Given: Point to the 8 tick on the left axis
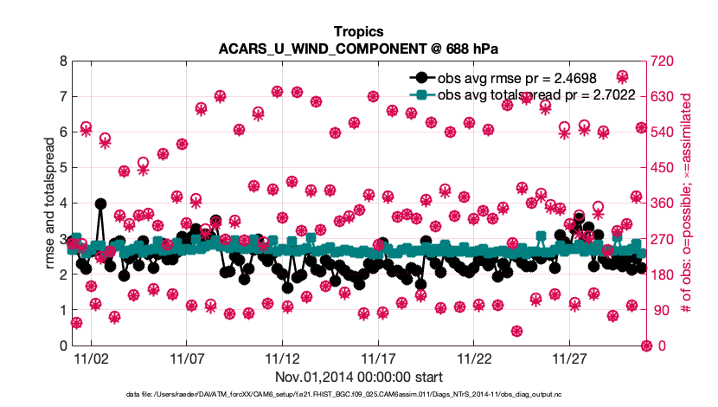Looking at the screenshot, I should click(63, 61).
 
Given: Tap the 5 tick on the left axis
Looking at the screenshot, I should click(63, 168).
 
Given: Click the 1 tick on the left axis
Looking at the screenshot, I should click(63, 310).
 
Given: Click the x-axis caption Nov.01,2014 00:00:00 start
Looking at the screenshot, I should click(359, 377).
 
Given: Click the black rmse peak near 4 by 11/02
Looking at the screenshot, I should click(101, 204).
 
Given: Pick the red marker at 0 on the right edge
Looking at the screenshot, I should click(645, 346).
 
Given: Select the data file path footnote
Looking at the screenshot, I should click(358, 395).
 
